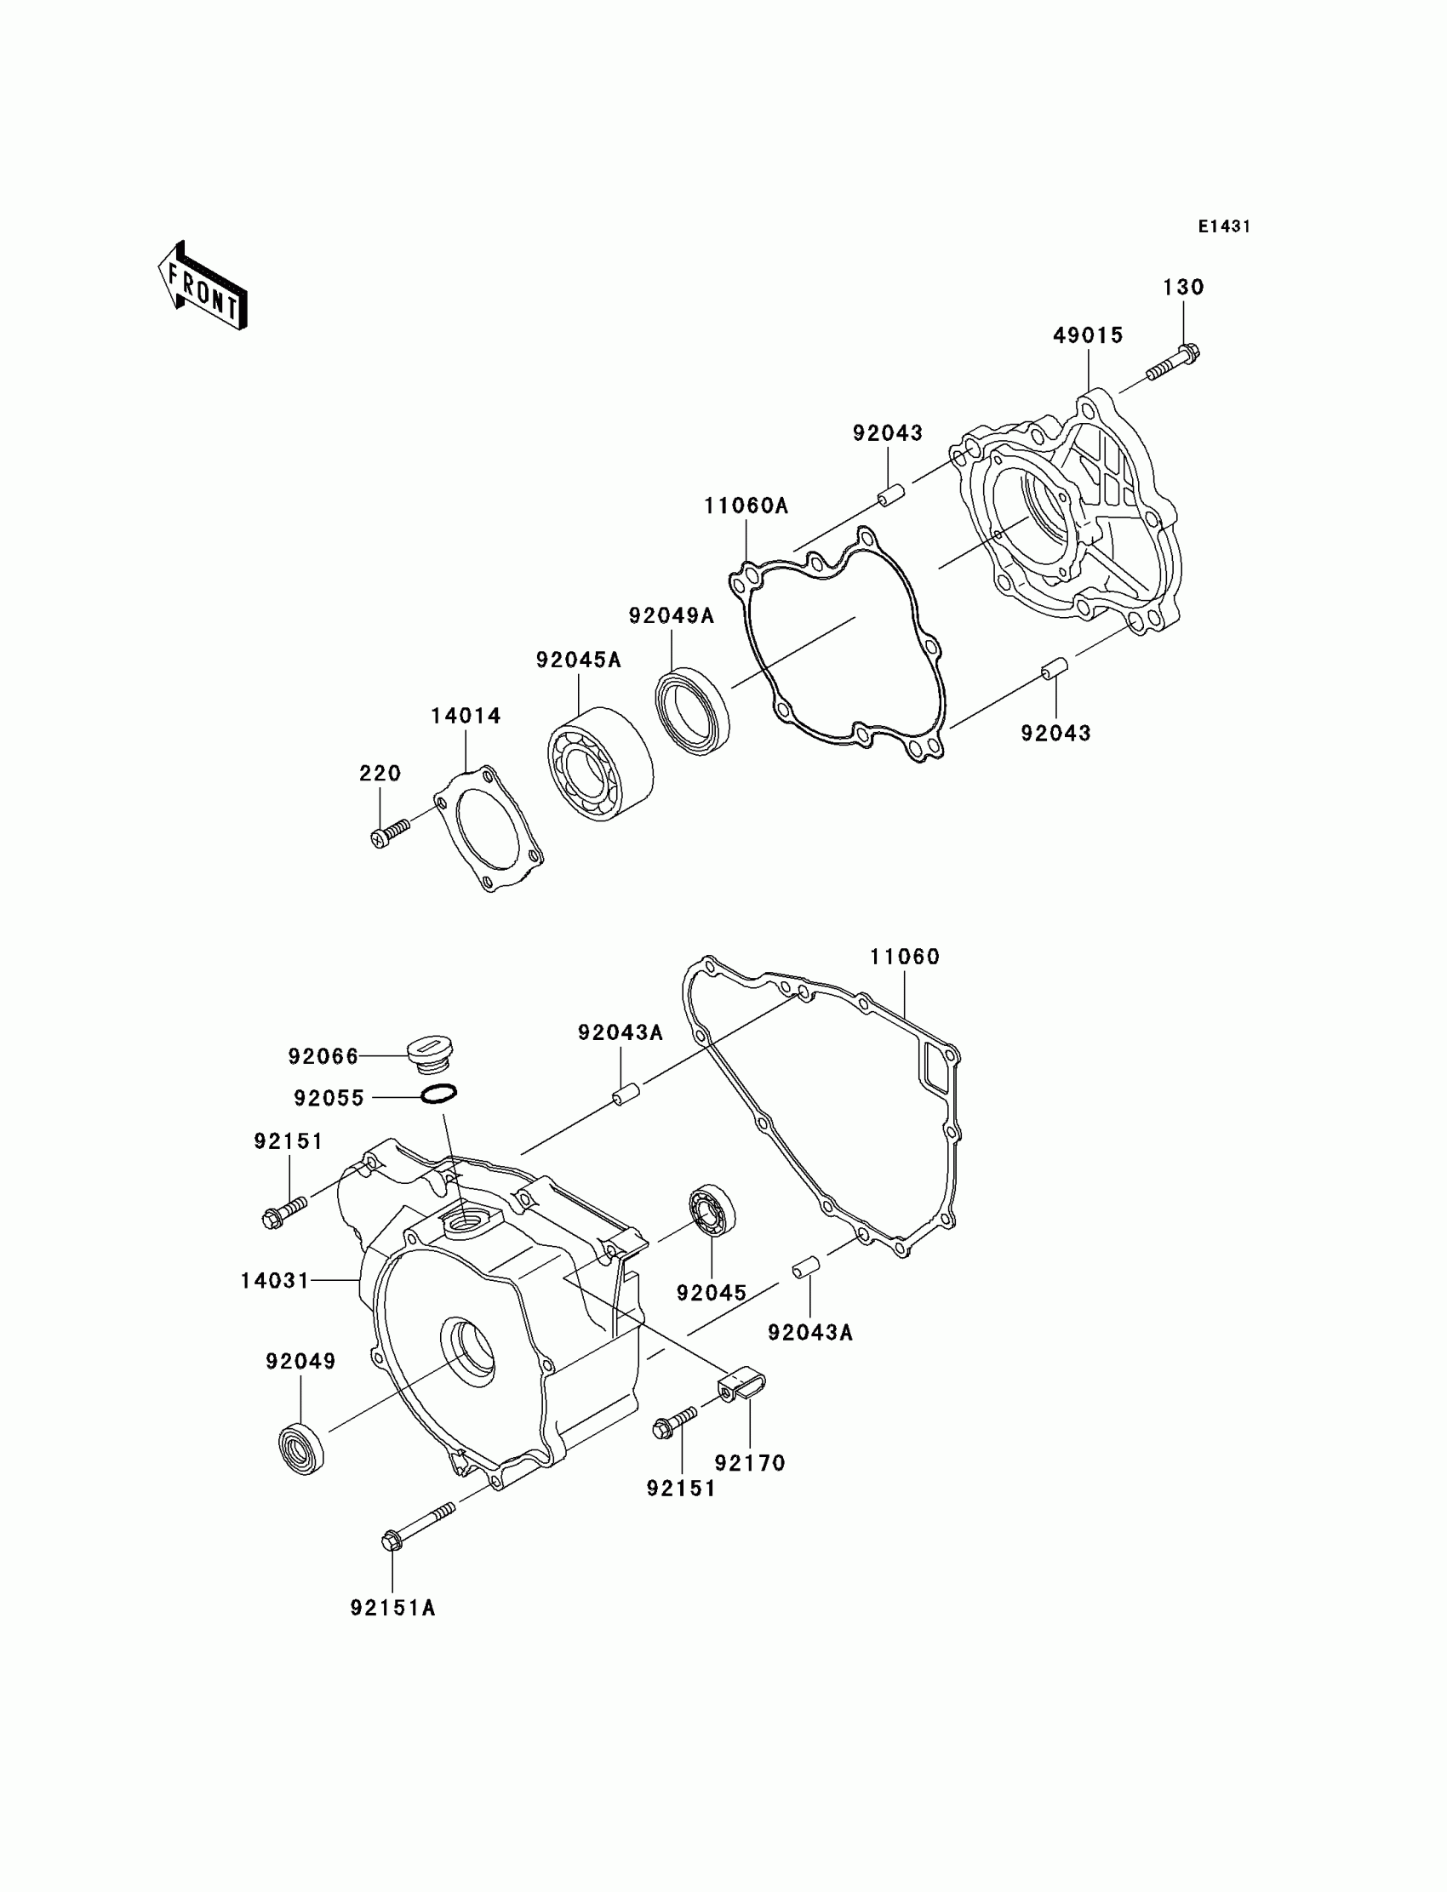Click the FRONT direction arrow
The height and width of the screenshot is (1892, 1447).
203,287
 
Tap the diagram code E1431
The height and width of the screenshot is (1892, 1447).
1224,226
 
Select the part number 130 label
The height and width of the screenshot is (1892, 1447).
1183,288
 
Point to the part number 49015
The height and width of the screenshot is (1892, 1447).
1088,336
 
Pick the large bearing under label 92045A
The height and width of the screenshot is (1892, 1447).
599,763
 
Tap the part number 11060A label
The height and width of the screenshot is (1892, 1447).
746,506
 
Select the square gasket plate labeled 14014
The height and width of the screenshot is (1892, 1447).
488,827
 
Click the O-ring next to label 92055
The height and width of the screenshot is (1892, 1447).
439,1094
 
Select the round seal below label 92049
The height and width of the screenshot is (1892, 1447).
302,1449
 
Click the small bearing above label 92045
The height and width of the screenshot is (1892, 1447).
712,1211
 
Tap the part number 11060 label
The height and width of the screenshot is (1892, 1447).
904,957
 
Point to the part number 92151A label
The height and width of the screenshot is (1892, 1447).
392,1608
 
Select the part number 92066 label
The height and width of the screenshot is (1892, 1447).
323,1057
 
